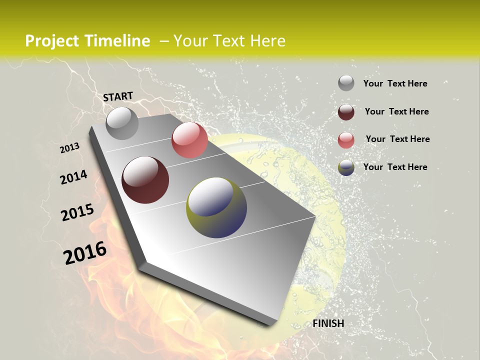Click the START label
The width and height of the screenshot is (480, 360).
118,96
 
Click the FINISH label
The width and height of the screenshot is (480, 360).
328,323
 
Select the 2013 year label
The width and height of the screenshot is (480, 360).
69,148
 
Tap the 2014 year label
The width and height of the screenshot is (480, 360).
73,177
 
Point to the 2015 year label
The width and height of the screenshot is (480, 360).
77,212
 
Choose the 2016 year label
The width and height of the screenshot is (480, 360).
85,253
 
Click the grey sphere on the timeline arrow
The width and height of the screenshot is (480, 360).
122,123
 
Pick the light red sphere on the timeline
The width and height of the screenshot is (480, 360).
189,140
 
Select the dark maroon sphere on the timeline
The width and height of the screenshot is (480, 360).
145,180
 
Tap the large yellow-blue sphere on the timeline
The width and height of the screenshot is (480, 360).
216,207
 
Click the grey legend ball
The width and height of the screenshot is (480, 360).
346,83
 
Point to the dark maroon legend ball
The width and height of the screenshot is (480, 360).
346,112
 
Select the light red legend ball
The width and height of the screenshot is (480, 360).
346,140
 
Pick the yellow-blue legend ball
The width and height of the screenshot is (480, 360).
346,167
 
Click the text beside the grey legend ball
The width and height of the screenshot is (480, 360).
395,83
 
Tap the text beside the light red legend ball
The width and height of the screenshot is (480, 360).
397,139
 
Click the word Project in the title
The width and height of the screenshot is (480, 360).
51,41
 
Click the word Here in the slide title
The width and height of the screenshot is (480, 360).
267,41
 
